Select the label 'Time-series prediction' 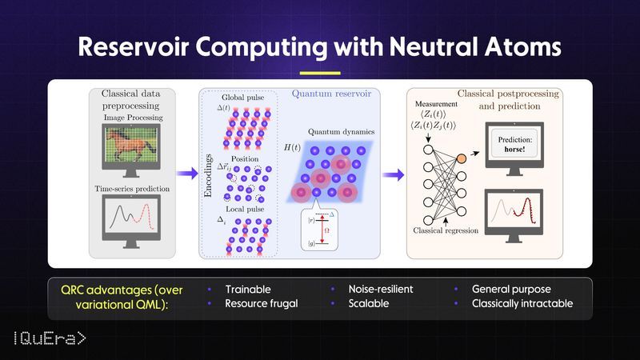coord(134,186)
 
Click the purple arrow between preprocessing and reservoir coord(187,173)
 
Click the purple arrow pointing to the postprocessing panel coord(392,173)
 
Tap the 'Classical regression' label coord(445,230)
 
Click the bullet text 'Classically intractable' coord(522,305)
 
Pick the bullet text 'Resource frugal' coord(262,305)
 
